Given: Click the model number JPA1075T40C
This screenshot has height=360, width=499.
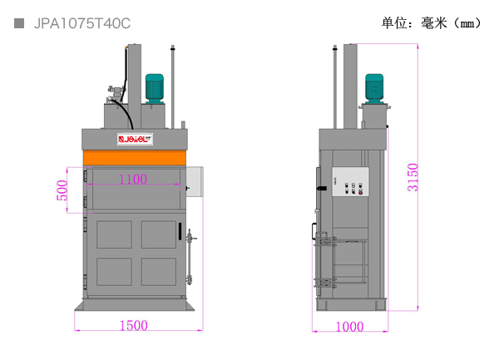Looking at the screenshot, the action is pos(82,23).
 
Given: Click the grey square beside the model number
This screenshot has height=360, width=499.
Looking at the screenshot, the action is pos(19,23).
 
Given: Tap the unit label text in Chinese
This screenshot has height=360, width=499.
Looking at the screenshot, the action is pos(432,23).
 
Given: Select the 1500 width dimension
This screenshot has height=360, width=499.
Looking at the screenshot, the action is pos(134,326).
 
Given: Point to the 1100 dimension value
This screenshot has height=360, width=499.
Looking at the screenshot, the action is pos(133,180).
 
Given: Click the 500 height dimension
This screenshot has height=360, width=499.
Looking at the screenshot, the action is pos(62,190).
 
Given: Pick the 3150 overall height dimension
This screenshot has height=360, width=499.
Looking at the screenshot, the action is pos(413,177).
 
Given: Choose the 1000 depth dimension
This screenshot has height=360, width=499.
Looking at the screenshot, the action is pos(350,327).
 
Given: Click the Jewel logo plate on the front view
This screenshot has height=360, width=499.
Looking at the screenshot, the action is pos(135,139).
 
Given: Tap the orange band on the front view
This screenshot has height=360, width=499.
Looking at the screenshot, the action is pos(134,158).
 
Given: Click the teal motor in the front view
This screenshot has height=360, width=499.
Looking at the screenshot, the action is pos(155,88).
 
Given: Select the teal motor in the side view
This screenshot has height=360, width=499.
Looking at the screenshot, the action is pos(374,88).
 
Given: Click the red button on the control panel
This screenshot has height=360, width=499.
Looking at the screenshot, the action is pos(361,192).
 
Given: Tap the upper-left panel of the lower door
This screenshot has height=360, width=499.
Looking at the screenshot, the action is pos(114,234).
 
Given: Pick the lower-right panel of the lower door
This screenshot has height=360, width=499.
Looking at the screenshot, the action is pos(159,272).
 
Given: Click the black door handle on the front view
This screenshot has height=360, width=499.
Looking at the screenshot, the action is pos(180,231).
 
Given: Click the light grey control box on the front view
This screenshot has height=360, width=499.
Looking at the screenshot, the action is pos(195,181).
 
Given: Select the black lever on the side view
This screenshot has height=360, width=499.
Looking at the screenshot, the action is pos(322,188).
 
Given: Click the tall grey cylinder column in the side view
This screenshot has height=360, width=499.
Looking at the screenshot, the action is pos(350,86).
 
